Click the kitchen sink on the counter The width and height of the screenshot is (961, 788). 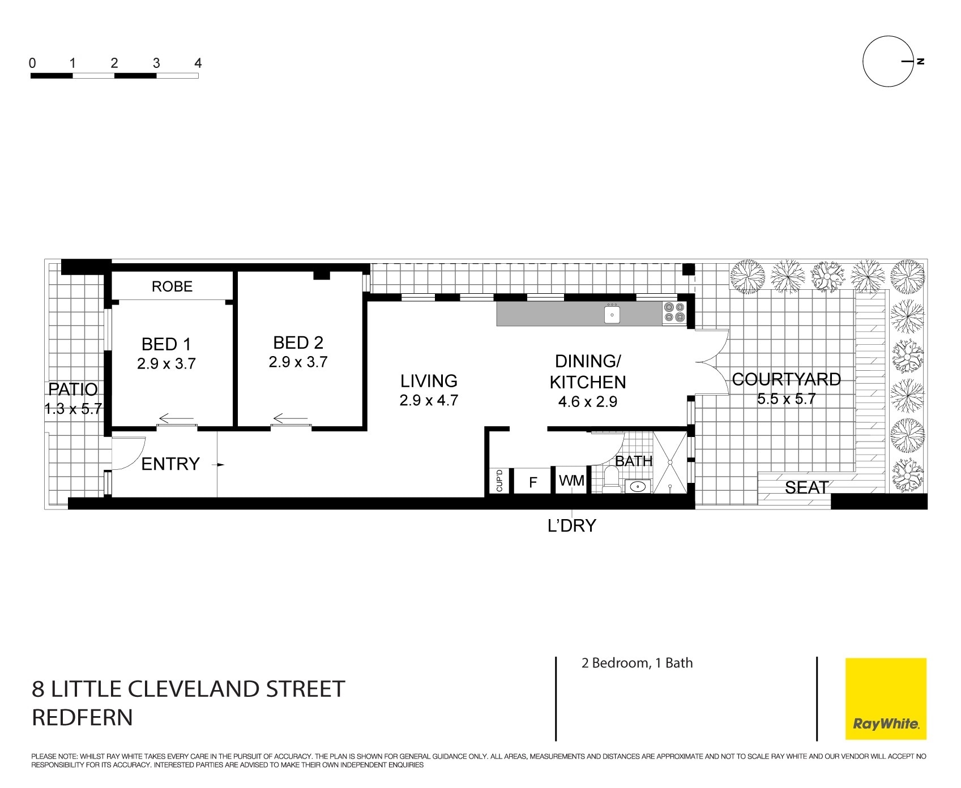[x=612, y=314]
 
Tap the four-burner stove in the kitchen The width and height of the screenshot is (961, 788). [x=674, y=313]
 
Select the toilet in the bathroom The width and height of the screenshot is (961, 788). [x=611, y=479]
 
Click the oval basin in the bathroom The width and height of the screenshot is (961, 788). [x=639, y=486]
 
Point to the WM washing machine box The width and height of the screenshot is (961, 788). [x=571, y=481]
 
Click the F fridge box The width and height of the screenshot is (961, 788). [x=532, y=482]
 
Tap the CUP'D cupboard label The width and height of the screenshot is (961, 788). [x=499, y=481]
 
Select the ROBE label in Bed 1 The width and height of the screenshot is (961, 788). [x=172, y=286]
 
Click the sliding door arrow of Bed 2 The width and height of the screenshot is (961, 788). [x=291, y=419]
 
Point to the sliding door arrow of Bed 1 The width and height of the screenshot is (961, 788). [x=176, y=419]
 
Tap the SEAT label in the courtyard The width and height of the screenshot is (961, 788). [x=806, y=487]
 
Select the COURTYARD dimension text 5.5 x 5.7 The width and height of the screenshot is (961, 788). [x=787, y=399]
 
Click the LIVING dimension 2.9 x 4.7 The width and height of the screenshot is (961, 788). [x=429, y=400]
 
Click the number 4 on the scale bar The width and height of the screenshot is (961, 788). [x=198, y=63]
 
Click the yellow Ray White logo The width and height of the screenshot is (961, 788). [x=886, y=699]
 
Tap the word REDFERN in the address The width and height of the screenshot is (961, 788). [x=82, y=717]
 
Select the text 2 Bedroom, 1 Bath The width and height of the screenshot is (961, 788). [x=637, y=663]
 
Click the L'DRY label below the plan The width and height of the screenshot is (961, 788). [x=572, y=525]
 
